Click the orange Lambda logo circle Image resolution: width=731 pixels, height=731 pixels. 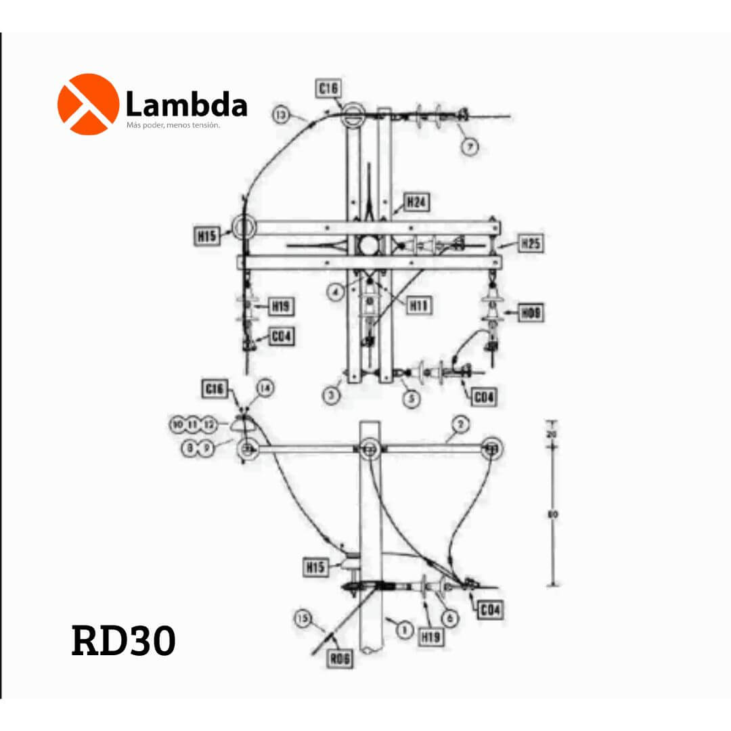point(88,104)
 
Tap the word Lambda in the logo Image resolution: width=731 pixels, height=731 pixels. point(186,106)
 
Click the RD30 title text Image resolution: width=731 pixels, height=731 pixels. point(123,640)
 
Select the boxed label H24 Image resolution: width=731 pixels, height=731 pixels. point(417,202)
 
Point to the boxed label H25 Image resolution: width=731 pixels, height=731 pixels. point(531,243)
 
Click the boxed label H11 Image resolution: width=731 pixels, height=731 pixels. point(420,305)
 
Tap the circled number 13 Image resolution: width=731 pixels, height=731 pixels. point(282,115)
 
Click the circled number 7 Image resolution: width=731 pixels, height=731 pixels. point(470,146)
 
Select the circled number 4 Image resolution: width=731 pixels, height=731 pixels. point(335,292)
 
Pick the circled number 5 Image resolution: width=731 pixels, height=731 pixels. point(412,399)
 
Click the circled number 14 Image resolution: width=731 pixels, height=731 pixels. point(265,389)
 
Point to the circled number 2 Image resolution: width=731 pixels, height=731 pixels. point(460,424)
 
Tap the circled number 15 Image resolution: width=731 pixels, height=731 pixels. point(303,618)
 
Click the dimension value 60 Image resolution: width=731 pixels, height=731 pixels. point(553,515)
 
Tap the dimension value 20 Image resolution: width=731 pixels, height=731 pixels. point(553,433)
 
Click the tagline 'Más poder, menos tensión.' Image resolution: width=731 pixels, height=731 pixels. point(173,125)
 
